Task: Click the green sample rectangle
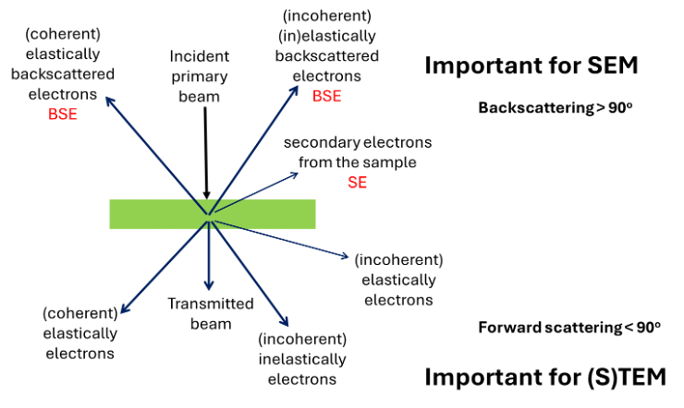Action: tap(213, 214)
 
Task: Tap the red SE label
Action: tap(358, 183)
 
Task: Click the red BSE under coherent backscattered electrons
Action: tap(63, 114)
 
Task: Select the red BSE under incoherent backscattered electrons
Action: tap(326, 96)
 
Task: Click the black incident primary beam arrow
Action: tap(206, 153)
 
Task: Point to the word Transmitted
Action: tap(211, 304)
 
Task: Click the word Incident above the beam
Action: tap(200, 56)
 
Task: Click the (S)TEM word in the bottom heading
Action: tap(627, 378)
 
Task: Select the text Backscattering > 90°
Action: tap(556, 108)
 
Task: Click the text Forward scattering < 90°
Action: tap(569, 328)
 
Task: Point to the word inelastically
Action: tap(302, 359)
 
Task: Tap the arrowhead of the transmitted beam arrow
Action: tap(209, 285)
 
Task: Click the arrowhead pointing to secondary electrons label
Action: tap(294, 175)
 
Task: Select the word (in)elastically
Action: tap(326, 36)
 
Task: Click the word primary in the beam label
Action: tap(200, 77)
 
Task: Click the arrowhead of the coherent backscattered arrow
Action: tap(109, 102)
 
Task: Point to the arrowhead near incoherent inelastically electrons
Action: tap(285, 321)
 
